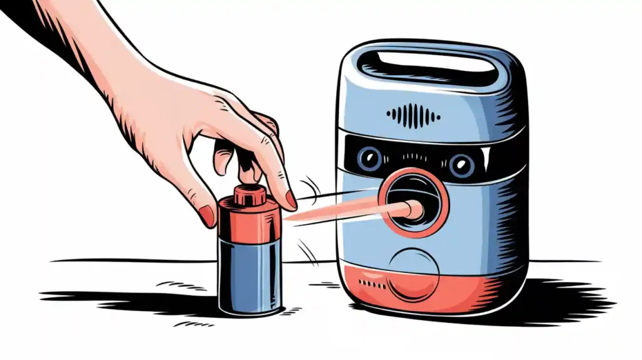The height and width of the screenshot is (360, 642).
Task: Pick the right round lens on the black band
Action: pos(461,164)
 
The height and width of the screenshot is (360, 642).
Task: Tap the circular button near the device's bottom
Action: pos(414,274)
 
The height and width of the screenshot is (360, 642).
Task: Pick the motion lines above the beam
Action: pos(308,187)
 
